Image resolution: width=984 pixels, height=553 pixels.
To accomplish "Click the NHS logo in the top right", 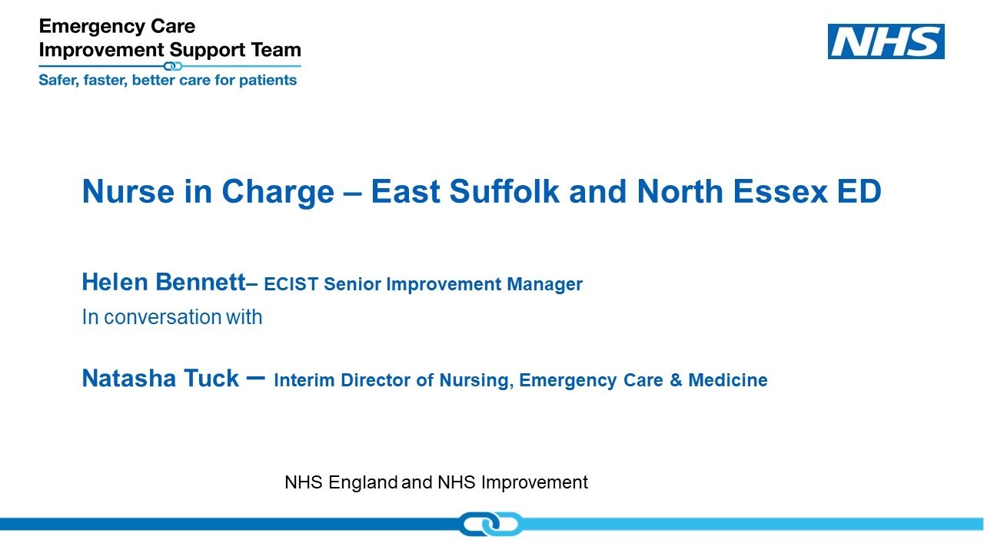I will tap(886, 41).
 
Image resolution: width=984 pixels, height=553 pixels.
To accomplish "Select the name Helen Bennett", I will tap(162, 283).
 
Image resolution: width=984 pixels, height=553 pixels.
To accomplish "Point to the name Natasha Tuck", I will tap(160, 379).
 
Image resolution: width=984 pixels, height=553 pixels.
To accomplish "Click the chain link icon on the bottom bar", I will tap(490, 524).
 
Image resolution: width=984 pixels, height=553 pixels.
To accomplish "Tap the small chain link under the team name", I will tap(173, 66).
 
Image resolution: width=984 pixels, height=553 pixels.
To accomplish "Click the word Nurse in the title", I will tap(123, 192).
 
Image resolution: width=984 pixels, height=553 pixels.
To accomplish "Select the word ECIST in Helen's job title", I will tap(291, 284).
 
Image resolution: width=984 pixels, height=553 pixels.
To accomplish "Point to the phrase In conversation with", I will tap(171, 316).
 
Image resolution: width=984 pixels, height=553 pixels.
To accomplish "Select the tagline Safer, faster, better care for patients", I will tap(168, 80).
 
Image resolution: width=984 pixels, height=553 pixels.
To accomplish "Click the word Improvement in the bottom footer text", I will tap(534, 482).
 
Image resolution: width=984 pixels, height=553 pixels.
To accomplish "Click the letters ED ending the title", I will tap(859, 192).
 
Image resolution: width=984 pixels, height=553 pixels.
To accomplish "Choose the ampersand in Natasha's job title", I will tap(676, 380).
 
